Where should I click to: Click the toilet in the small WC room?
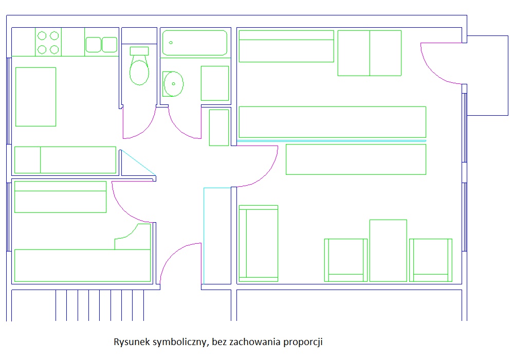[x=139, y=71]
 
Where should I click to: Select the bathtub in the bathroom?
[x=195, y=43]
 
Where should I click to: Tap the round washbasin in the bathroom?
[x=174, y=83]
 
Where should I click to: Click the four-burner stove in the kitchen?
[x=48, y=42]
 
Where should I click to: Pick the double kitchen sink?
[x=101, y=45]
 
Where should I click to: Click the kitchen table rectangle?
[x=35, y=97]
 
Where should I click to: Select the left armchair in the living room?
[x=346, y=260]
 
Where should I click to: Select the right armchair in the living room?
[x=431, y=260]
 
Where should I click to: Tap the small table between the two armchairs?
[x=388, y=250]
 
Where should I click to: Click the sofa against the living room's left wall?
[x=258, y=243]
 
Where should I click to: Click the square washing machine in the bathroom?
[x=215, y=83]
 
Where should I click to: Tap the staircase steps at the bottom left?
[x=100, y=305]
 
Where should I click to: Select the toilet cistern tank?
[x=139, y=50]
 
